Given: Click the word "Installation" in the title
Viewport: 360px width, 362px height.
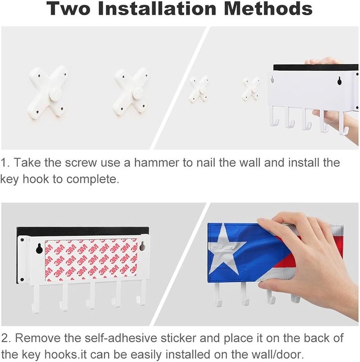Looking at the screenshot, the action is (x=157, y=8).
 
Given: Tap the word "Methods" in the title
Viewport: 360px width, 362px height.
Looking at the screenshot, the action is (x=268, y=8).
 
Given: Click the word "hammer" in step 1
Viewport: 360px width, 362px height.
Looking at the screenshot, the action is (x=156, y=162).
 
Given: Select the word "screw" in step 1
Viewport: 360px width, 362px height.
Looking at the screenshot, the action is (x=81, y=163).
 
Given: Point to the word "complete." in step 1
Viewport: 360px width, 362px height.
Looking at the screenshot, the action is (x=93, y=180).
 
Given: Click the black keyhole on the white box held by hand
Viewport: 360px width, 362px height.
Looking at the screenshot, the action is (x=339, y=81).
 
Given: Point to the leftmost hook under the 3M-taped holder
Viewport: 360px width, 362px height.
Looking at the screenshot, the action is (x=36, y=299).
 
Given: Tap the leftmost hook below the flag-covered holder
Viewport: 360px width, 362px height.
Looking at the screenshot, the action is (x=218, y=294).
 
